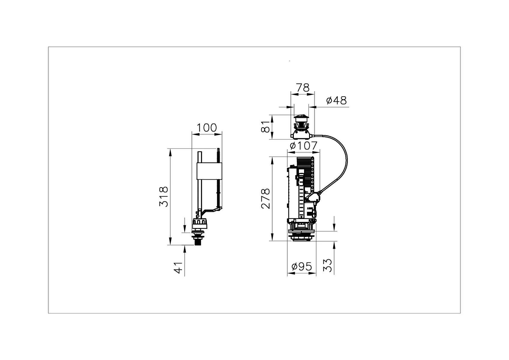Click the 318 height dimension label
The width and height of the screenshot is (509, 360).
tap(164, 196)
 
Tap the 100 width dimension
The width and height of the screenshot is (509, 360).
tap(206, 127)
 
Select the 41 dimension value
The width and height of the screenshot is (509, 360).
tap(178, 268)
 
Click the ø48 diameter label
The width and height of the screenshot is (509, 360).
tap(336, 100)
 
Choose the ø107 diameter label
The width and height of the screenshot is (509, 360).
tap(304, 145)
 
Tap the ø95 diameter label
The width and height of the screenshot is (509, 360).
tap(302, 266)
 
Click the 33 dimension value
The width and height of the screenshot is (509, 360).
tap(327, 265)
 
